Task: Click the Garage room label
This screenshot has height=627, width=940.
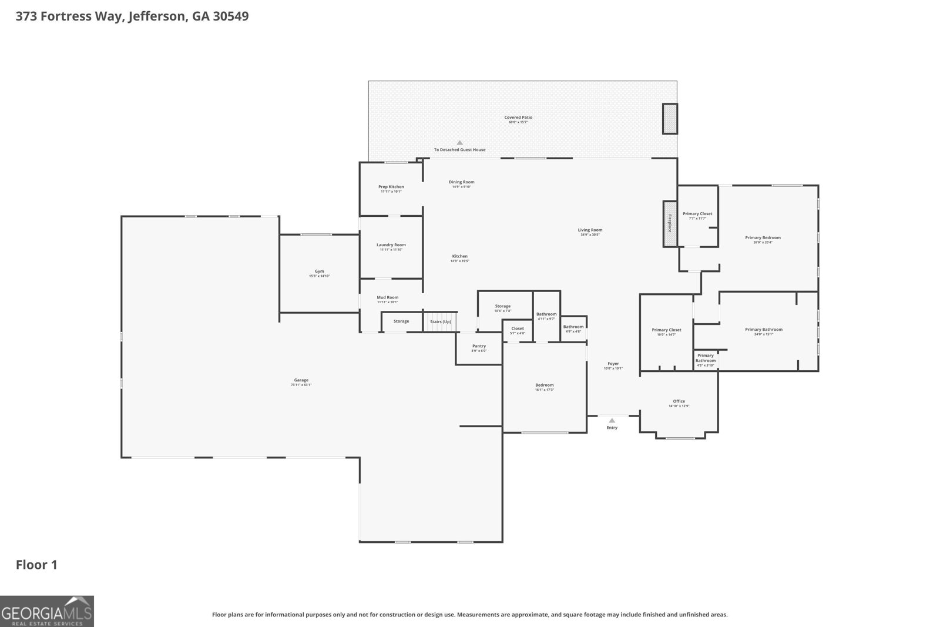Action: [301, 381]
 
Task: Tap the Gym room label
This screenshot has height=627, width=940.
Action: [319, 272]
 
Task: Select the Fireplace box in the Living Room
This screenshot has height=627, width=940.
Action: [669, 224]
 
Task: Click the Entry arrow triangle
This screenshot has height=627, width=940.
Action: [612, 420]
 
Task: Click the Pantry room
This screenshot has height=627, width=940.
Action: [479, 348]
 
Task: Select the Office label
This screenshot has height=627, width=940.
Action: [679, 401]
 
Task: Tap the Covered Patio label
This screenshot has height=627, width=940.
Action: [518, 118]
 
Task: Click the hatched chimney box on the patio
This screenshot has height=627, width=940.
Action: [670, 119]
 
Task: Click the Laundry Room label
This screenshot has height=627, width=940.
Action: [391, 245]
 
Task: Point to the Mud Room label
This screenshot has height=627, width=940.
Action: [387, 298]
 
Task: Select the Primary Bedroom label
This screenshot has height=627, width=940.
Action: [763, 238]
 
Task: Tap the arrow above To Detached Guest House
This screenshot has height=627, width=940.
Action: [459, 143]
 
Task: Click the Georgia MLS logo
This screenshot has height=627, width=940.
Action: [46, 611]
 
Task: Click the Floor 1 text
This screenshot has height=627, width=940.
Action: [36, 565]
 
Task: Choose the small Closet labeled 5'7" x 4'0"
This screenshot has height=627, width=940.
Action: [517, 330]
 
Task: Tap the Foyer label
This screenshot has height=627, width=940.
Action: [613, 364]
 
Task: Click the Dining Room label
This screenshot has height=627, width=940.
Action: [461, 182]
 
